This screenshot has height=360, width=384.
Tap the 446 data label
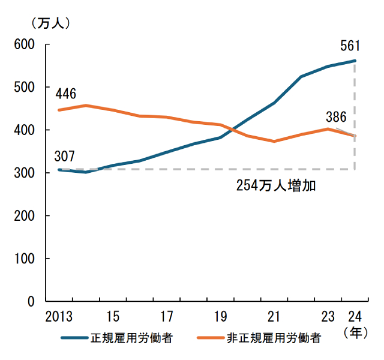coord(65,94)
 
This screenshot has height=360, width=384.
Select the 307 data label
coord(64,157)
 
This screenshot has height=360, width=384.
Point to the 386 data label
coord(336,117)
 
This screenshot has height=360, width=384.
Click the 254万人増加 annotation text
coord(275,185)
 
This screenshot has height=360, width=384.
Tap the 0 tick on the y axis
coord(31,301)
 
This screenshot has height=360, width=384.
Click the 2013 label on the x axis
coord(58,316)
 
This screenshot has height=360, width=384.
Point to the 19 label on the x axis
coord(220,316)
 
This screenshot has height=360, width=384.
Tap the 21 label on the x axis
coord(274,316)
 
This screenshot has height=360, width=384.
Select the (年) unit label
coord(355,332)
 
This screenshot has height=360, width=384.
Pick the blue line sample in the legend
coord(74,338)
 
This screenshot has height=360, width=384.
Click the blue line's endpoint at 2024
coord(355,61)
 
